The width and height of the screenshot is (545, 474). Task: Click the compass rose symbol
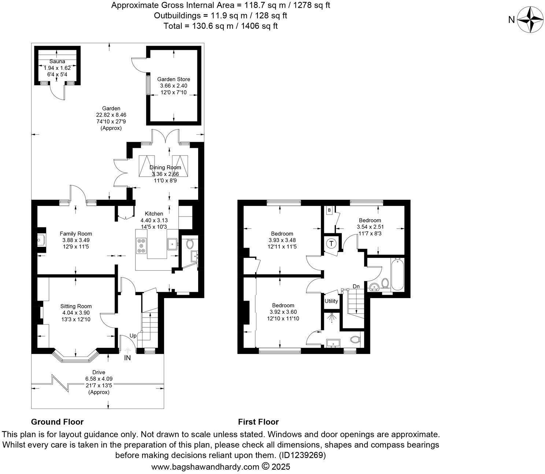point(530,20)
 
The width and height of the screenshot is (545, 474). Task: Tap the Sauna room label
point(57,61)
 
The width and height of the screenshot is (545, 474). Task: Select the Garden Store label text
point(174,79)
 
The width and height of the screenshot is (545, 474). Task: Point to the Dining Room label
point(165,168)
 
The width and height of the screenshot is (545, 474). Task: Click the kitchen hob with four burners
point(141,245)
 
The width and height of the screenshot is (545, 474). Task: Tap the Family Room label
point(76,234)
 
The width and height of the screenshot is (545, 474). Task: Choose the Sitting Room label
point(76,306)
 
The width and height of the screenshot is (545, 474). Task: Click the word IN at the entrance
point(127,358)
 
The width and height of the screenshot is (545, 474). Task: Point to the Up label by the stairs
point(133,335)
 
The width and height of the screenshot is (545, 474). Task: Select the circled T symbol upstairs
point(331,243)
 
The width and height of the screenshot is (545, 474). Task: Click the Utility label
point(331,301)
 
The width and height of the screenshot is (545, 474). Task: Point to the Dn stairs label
point(356,286)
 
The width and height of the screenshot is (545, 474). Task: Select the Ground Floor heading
point(57,422)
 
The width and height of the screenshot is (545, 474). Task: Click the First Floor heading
point(258,422)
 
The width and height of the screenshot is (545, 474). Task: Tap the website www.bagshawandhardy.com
point(205,467)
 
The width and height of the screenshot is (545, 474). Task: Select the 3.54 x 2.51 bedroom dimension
point(370,227)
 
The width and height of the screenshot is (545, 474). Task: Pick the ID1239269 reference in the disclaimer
point(302,455)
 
